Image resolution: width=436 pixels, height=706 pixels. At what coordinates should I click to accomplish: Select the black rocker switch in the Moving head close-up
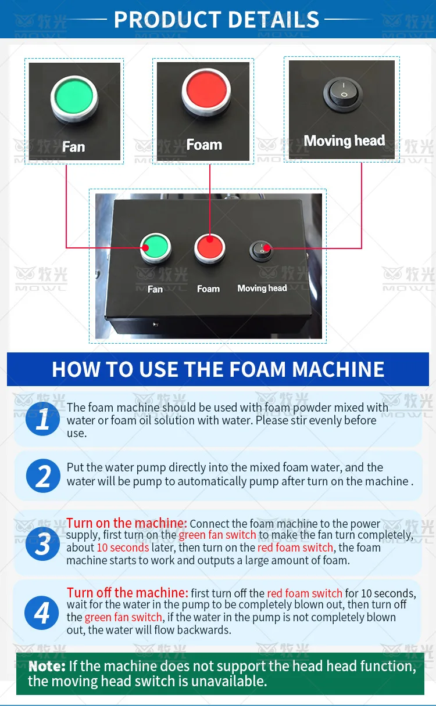click(x=343, y=93)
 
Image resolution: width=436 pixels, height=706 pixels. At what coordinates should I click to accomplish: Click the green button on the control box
click(x=156, y=247)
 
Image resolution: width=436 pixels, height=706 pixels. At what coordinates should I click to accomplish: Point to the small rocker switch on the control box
click(x=262, y=251)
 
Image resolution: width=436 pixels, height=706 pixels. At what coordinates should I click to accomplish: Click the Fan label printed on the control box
click(x=155, y=289)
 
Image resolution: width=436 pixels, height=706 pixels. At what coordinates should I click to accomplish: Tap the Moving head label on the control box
click(x=262, y=288)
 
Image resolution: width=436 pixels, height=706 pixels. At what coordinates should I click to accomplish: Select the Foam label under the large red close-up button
click(x=204, y=145)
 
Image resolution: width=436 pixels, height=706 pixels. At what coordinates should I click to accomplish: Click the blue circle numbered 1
click(x=42, y=419)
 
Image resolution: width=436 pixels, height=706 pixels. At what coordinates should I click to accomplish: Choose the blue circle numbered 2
click(x=43, y=476)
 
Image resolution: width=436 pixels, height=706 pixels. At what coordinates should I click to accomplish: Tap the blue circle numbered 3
click(x=42, y=543)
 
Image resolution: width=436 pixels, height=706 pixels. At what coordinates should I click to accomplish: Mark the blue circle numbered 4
click(x=42, y=613)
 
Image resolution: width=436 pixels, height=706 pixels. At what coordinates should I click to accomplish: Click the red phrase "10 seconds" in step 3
click(x=123, y=547)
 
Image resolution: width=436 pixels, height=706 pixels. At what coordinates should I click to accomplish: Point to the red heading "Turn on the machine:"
click(x=127, y=523)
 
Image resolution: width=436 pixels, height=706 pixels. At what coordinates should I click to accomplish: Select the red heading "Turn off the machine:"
click(x=127, y=593)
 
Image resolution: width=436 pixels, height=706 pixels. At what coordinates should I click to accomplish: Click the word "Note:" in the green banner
click(x=47, y=666)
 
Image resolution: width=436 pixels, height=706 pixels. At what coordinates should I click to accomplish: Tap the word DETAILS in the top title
click(x=273, y=20)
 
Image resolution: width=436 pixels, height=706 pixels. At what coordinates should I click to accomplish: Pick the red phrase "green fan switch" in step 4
click(x=123, y=617)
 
